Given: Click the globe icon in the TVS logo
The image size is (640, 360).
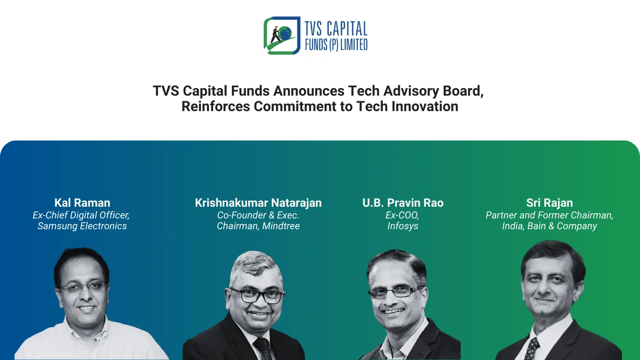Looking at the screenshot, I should tap(285, 33).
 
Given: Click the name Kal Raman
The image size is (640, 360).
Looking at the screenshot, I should tap(82, 203).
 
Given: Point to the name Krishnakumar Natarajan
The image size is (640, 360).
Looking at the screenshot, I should tap(258, 203).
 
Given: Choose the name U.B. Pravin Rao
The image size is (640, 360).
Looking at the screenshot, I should tap(402, 203).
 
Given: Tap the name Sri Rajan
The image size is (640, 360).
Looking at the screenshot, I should tap(549, 203).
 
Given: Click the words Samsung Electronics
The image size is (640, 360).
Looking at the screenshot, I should tap(82, 226).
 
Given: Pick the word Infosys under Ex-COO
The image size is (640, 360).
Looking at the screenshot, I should tap(402, 226).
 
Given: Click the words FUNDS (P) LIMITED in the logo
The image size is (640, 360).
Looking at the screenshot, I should tap(336, 45).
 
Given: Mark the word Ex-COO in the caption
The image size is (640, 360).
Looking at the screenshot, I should tap(402, 215).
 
